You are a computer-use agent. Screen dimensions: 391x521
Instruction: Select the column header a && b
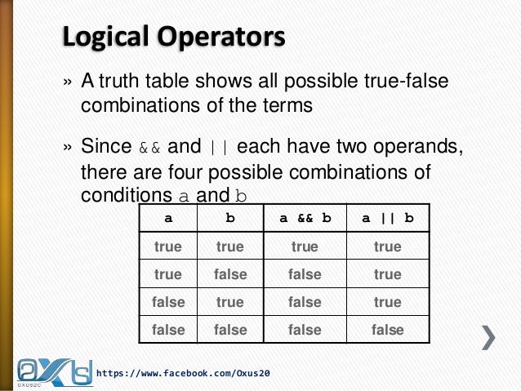click(x=305, y=219)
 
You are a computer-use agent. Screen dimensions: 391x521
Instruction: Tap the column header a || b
click(x=387, y=219)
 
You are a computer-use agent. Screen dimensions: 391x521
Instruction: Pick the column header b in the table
click(x=229, y=219)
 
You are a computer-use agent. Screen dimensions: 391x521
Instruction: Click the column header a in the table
click(x=168, y=219)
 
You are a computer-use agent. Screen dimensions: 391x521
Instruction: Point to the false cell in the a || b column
click(x=387, y=330)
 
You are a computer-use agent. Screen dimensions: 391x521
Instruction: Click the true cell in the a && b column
click(x=305, y=247)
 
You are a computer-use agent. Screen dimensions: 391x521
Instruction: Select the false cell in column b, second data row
click(x=229, y=274)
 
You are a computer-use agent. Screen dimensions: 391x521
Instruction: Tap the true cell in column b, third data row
click(x=229, y=302)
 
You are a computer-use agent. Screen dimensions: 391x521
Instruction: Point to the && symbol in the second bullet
click(x=150, y=148)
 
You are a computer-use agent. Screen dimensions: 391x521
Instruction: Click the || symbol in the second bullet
click(x=219, y=148)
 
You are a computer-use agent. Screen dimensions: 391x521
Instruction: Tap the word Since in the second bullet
click(x=105, y=147)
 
